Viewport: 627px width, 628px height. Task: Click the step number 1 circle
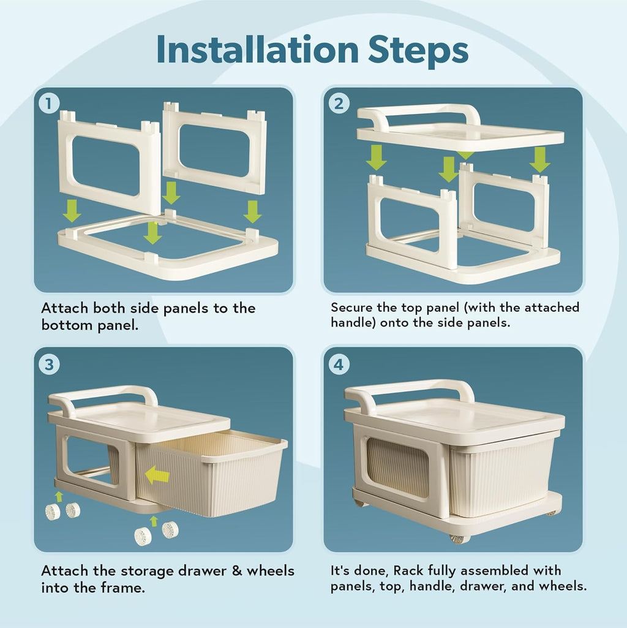point(49,103)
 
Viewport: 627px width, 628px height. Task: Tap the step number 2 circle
point(339,103)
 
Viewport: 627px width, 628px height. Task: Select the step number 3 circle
point(49,365)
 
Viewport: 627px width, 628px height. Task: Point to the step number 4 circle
point(339,365)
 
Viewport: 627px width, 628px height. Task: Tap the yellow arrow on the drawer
point(157,474)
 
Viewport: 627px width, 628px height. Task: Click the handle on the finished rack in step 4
point(408,388)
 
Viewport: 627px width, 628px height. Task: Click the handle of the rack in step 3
point(104,393)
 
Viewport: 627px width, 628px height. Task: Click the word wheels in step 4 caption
point(562,586)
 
